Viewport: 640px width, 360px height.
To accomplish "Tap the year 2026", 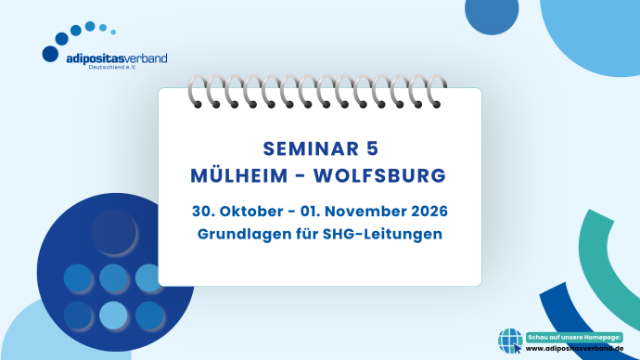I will coord(428,212).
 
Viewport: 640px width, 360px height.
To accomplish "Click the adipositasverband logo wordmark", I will coord(116,58).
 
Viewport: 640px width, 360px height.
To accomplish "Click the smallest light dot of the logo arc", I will coord(113,32).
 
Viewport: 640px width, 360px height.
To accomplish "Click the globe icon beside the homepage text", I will coord(511,341).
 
